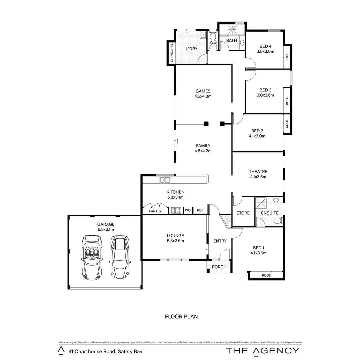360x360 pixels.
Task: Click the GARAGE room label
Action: click(x=106, y=224)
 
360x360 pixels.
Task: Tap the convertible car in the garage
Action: click(x=92, y=257)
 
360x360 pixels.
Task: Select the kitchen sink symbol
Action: click(x=165, y=180)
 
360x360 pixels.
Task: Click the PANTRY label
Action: click(x=155, y=211)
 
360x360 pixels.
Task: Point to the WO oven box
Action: click(x=188, y=210)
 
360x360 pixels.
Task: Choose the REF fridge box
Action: click(x=200, y=210)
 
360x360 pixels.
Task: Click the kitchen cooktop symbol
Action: click(x=176, y=210)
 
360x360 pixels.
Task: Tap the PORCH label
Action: click(x=219, y=267)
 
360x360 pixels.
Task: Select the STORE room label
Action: click(x=243, y=213)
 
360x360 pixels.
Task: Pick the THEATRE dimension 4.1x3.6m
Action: click(x=258, y=177)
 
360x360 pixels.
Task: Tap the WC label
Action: click(x=213, y=42)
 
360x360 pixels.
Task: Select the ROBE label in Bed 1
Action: click(x=266, y=275)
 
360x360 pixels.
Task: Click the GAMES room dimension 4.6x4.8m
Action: click(x=203, y=96)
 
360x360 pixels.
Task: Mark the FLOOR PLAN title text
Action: click(x=181, y=317)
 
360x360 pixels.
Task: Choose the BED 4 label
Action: click(x=265, y=46)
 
